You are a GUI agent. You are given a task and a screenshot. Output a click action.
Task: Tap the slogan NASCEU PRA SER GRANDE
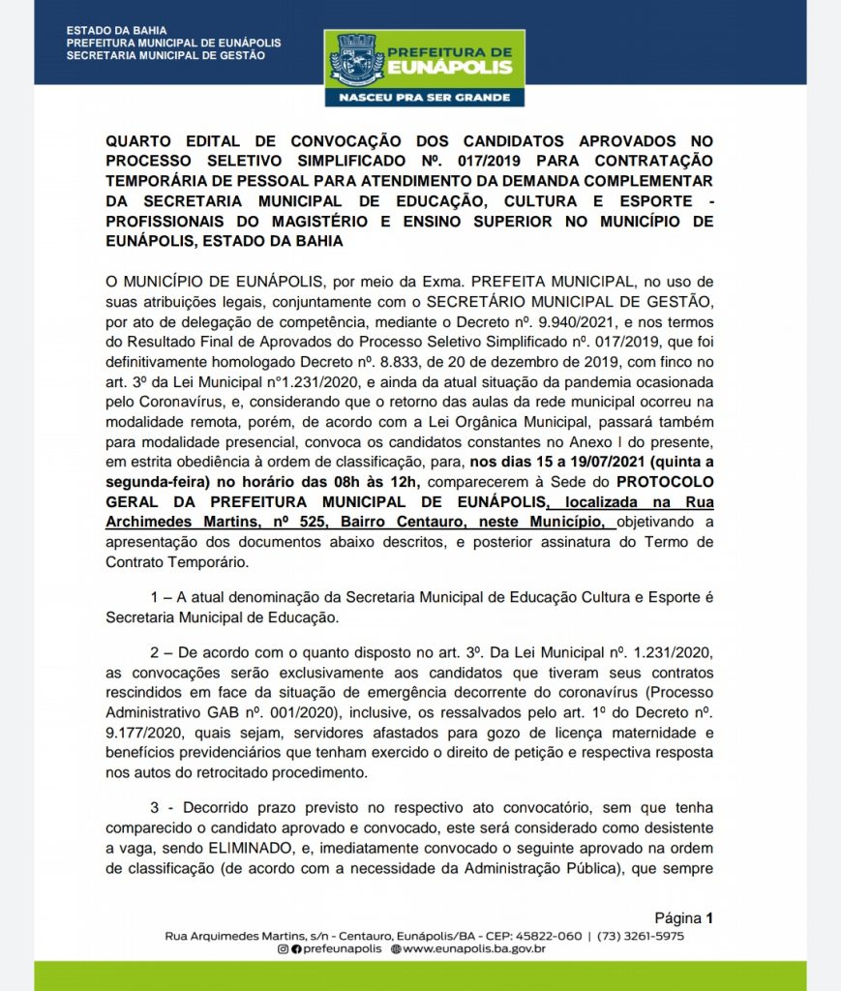coord(431,98)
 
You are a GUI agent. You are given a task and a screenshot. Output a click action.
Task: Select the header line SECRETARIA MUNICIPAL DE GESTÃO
coord(165,55)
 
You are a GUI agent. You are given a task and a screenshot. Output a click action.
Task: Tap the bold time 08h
coord(340,481)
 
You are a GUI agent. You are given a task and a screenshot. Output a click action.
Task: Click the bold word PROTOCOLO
coord(666,481)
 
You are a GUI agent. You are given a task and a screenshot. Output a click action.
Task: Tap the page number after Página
coord(709,918)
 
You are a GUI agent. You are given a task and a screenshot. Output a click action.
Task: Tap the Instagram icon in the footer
coord(283,950)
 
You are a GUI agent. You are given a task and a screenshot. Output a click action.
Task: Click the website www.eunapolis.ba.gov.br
coord(474,950)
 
